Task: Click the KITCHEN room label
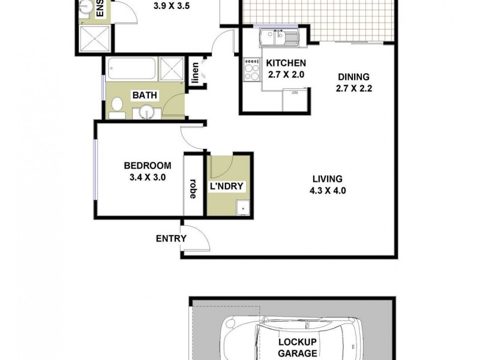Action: click(x=286, y=64)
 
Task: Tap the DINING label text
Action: click(x=353, y=77)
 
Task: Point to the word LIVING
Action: click(x=327, y=179)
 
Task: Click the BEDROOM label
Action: click(x=148, y=166)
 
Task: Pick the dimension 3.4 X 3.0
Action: click(x=148, y=178)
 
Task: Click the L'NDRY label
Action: click(x=226, y=187)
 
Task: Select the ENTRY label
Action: click(x=171, y=238)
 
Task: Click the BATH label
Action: click(x=145, y=95)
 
